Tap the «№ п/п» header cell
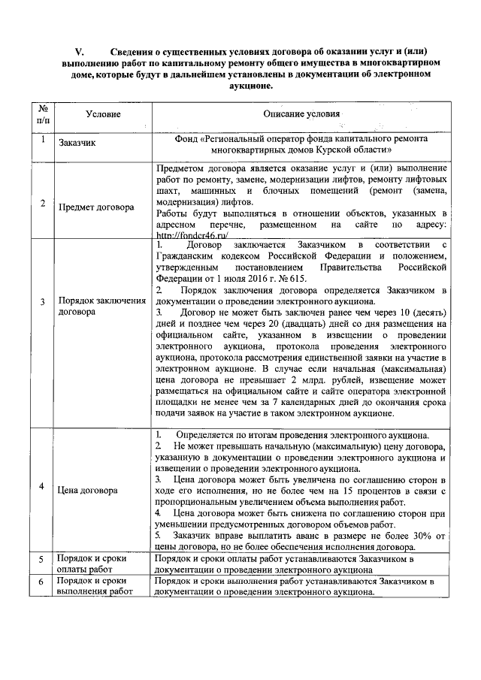[x=43, y=113]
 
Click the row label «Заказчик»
[x=80, y=144]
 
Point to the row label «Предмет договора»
[x=96, y=205]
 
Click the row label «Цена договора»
[x=88, y=490]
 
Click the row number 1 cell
[x=43, y=140]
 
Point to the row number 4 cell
[x=43, y=485]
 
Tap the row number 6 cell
[x=43, y=582]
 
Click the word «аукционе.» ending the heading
[x=247, y=86]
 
